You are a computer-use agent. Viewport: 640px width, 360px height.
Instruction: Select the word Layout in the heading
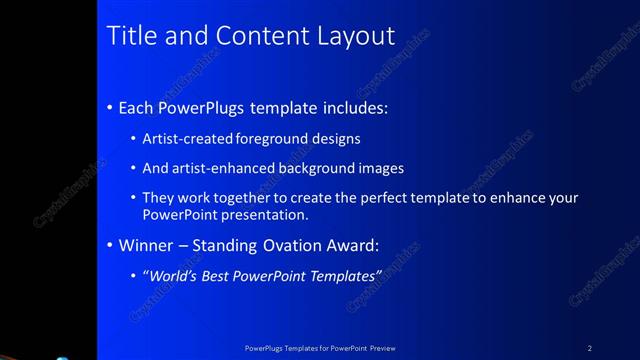point(357,36)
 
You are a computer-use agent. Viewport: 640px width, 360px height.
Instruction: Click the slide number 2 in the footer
point(589,348)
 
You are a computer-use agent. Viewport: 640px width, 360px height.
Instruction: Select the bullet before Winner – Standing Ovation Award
point(109,244)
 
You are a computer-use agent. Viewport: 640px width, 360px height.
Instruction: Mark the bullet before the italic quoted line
point(134,274)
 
